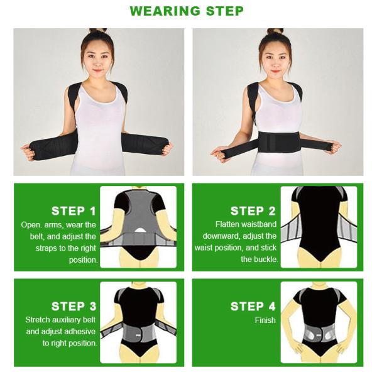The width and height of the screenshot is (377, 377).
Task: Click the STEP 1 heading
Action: coord(74,211)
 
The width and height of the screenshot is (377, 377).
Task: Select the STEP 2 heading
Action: coord(253,211)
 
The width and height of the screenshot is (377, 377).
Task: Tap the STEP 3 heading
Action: coord(74,307)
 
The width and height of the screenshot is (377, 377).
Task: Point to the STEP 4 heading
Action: coord(253,307)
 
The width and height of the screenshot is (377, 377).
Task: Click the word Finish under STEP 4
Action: coord(265,320)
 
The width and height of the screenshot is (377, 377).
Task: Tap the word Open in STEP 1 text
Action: coord(31,224)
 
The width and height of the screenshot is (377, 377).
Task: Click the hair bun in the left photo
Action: coord(97,31)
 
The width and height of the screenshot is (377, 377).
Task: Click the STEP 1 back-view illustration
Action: coord(139,226)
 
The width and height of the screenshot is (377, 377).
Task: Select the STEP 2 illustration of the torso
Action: coord(319,226)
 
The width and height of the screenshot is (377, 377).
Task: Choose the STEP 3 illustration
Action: coord(139,322)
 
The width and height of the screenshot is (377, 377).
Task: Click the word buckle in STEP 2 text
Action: coord(264,260)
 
